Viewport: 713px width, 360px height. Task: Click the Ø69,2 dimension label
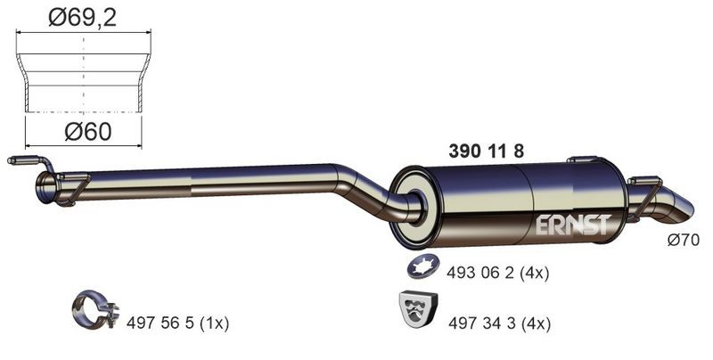click(84, 16)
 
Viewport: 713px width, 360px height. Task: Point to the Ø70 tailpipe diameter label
click(684, 240)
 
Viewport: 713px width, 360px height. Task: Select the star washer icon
click(422, 266)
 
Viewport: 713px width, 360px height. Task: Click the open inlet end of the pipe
click(46, 188)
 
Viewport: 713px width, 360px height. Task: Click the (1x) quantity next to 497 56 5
click(213, 323)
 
